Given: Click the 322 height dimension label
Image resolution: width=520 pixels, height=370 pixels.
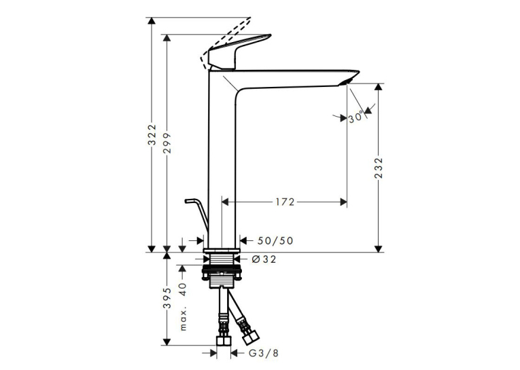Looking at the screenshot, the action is coord(152,134).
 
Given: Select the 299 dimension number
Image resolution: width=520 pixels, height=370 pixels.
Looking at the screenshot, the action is coord(167,143).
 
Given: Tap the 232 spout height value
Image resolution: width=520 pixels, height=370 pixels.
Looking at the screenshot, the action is coord(379,168).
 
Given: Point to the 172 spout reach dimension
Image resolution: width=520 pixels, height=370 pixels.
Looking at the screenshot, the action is coord(285,202).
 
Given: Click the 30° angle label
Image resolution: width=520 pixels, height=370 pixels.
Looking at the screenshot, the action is coord(356,117).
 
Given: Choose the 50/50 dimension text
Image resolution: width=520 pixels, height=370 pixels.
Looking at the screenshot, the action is coord(275,240).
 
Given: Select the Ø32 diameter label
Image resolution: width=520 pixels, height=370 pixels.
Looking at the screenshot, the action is coord(264,259).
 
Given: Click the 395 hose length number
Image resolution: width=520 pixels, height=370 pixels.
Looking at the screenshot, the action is coord(167,298).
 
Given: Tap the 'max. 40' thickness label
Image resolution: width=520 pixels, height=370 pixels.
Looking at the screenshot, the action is coord(184,307).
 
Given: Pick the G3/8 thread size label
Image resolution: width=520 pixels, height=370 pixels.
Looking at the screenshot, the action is coord(264,353).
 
